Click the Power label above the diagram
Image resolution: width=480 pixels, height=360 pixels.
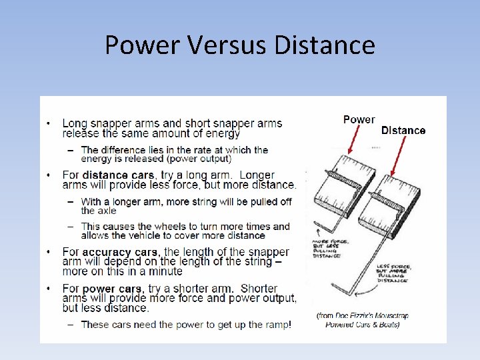point(359,120)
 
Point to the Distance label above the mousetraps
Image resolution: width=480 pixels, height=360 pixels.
point(403,131)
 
